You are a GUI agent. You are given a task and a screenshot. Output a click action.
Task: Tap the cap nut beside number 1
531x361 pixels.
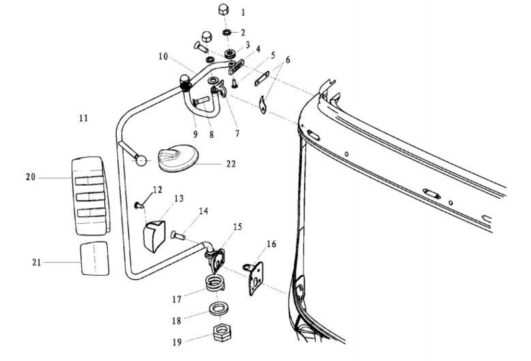[x=223, y=10]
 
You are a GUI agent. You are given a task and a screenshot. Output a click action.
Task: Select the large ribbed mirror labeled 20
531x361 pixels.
[x=90, y=195]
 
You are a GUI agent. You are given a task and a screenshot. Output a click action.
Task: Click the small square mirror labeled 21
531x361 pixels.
[x=94, y=258]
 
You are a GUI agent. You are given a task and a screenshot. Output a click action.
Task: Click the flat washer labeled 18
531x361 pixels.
[x=218, y=308]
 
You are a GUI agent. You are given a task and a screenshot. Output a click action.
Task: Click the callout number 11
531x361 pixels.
[x=84, y=117]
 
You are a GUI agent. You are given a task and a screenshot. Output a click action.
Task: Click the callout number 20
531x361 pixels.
[x=31, y=178]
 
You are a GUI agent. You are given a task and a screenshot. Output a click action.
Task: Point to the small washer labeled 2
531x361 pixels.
[x=226, y=32]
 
